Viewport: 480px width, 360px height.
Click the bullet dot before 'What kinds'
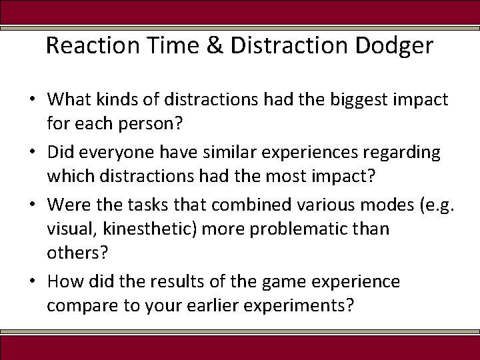coord(32,101)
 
